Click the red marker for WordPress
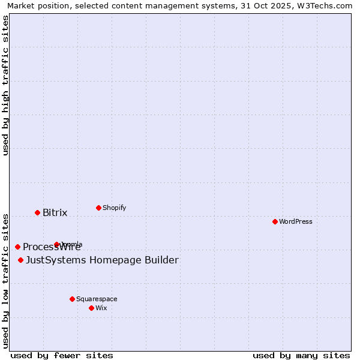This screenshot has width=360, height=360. pos(275,221)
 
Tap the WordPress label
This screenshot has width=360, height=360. pos(296,221)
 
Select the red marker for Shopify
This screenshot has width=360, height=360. pos(98,208)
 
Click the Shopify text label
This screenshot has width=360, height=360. pos(114,208)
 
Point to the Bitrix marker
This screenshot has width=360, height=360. pos(37,212)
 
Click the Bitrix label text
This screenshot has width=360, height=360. pos(55,212)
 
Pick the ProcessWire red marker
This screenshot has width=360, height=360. pos(17,247)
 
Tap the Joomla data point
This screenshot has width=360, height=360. pos(56,244)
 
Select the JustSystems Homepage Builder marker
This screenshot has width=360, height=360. pos(20,260)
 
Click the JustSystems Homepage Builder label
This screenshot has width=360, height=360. pos(102,260)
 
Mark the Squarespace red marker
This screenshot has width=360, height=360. pos(72,299)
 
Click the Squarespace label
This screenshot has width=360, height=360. pos(97,299)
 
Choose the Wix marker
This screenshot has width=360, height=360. pos(91,308)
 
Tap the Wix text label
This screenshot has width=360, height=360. pos(101,308)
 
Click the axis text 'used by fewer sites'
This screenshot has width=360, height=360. pos(62,355)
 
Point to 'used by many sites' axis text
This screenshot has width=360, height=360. pos(301,355)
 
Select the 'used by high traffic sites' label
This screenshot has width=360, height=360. pos(5,85)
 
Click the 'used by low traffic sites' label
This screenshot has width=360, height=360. pos(5,280)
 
